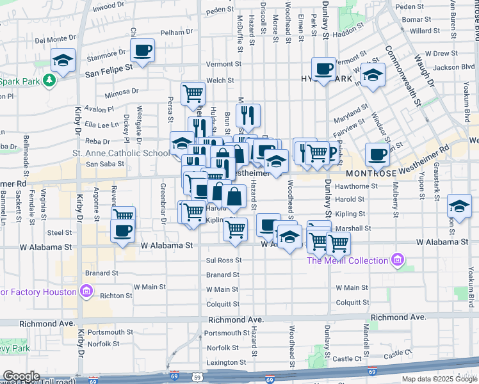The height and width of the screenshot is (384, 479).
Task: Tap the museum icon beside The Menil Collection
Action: (x=398, y=260)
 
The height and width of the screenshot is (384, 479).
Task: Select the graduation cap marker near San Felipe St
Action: (x=63, y=61)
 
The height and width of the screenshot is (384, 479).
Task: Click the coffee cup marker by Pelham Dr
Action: (x=142, y=51)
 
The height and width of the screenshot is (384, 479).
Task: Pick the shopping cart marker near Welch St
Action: (x=193, y=94)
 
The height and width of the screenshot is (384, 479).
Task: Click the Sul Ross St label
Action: (x=223, y=260)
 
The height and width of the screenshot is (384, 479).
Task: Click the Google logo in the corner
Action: (x=21, y=377)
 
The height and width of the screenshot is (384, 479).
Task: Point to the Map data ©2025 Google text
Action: (x=440, y=379)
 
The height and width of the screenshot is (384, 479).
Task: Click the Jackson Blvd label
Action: (x=453, y=67)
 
